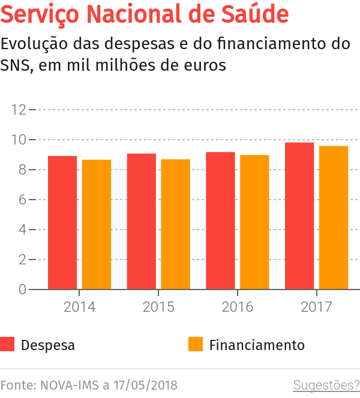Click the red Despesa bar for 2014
tap(62, 222)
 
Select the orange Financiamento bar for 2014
tap(97, 224)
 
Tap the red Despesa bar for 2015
tap(142, 221)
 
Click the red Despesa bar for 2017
tap(299, 216)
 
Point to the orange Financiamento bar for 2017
tap(334, 218)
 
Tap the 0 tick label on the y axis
tap(22, 290)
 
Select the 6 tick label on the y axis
tap(22, 200)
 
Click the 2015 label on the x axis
tap(158, 307)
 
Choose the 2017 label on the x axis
tap(316, 307)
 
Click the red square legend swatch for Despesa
tap(8, 345)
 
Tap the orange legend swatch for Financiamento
tap(196, 345)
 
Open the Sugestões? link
tap(326, 385)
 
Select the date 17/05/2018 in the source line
tap(145, 385)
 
